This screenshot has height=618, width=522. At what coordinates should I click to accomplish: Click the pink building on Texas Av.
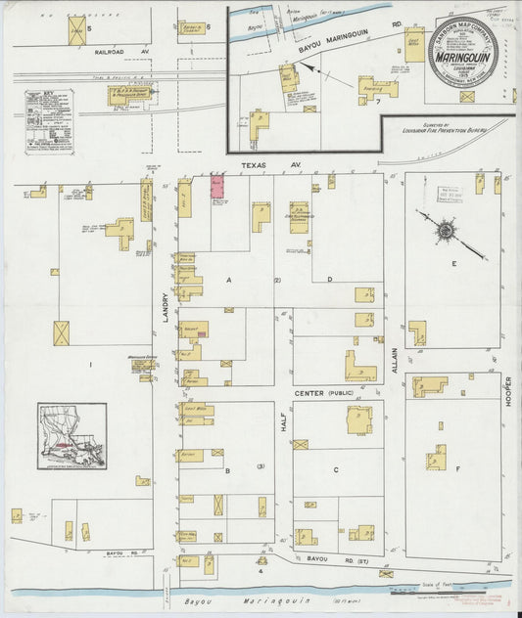(x=217, y=187)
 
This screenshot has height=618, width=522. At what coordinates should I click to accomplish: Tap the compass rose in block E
(x=447, y=232)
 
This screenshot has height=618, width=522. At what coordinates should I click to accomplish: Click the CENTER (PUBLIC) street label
(x=323, y=393)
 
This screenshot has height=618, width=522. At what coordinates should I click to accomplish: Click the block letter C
(x=335, y=470)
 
